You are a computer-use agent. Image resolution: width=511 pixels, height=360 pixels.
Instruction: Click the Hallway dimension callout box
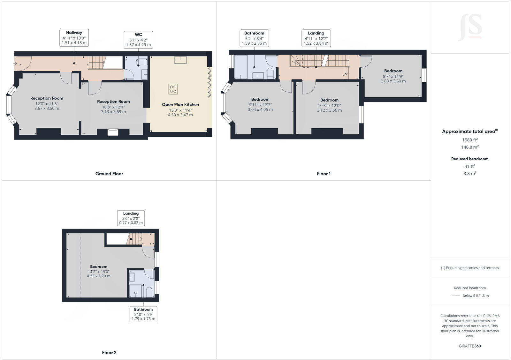pyautogui.click(x=74, y=38)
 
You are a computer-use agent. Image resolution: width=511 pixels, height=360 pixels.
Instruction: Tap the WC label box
pyautogui.click(x=138, y=40)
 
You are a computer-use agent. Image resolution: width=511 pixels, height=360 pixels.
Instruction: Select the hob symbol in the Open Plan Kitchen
pyautogui.click(x=173, y=89)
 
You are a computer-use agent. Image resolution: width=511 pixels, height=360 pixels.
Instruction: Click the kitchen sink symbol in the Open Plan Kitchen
pyautogui.click(x=181, y=60)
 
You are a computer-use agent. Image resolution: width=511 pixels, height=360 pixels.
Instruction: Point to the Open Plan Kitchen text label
pyautogui.click(x=180, y=105)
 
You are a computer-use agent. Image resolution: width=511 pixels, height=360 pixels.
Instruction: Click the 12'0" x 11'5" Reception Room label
pyautogui.click(x=47, y=103)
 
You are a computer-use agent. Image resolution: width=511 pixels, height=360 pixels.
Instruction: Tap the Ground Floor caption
pyautogui.click(x=109, y=174)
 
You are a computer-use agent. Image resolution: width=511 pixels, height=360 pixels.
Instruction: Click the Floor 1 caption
pyautogui.click(x=324, y=174)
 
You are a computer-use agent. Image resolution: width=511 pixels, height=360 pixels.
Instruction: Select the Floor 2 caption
pyautogui.click(x=109, y=353)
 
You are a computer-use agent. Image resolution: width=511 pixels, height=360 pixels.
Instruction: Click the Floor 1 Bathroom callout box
pyautogui.click(x=254, y=38)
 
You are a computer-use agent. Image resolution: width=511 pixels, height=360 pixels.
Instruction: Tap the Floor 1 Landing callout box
pyautogui.click(x=316, y=38)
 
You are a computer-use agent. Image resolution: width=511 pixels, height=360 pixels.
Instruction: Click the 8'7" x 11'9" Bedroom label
pyautogui.click(x=393, y=76)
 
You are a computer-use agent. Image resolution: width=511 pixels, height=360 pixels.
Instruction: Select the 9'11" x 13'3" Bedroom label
pyautogui.click(x=260, y=104)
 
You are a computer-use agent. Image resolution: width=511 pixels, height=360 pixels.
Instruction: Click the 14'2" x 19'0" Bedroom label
pyautogui.click(x=99, y=271)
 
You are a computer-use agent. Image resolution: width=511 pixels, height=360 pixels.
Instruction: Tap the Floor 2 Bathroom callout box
pyautogui.click(x=143, y=314)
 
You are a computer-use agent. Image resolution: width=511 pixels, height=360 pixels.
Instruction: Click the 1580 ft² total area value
pyautogui.click(x=470, y=140)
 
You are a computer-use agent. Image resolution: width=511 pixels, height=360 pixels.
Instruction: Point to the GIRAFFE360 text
pyautogui.click(x=470, y=346)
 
